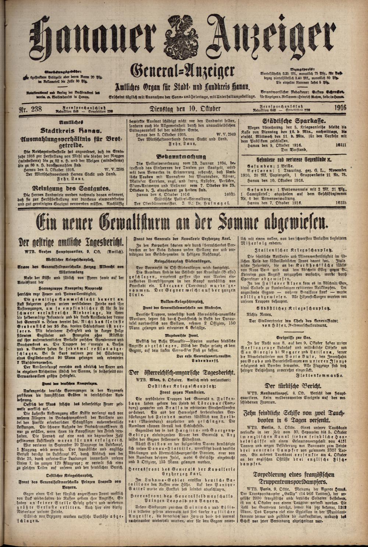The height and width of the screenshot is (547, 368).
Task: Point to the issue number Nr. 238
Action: [31, 109]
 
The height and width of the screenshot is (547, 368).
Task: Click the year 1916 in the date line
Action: [343, 108]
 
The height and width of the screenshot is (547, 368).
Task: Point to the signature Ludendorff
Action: [201, 363]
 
